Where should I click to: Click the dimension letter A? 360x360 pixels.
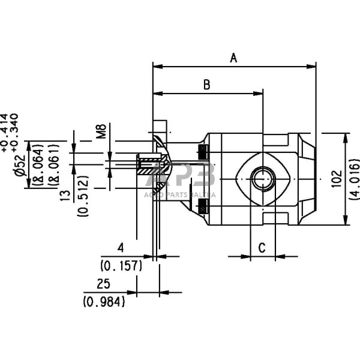[x=235, y=58]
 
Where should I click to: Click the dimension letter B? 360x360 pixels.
[x=206, y=85]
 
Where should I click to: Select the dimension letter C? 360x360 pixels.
[x=262, y=247]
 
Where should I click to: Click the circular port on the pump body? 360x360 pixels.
[x=262, y=178]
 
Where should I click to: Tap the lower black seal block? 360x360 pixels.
[x=203, y=208]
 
